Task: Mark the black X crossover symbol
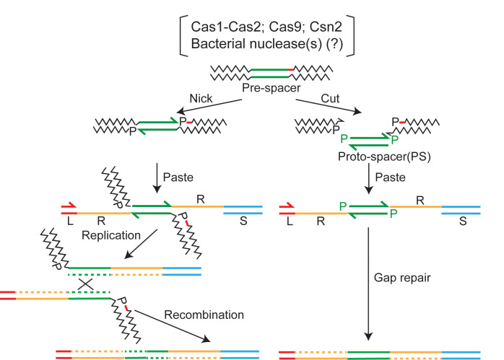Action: (x=85, y=284)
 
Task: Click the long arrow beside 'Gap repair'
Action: (x=368, y=282)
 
